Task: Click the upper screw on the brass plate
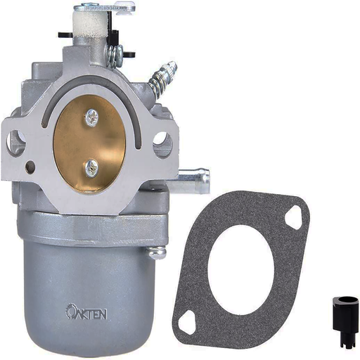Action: [91, 117]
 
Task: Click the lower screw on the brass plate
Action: [91, 167]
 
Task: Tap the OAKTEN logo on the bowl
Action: [86, 312]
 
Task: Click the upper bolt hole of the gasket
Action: [292, 217]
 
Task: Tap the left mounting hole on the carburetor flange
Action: [15, 142]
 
